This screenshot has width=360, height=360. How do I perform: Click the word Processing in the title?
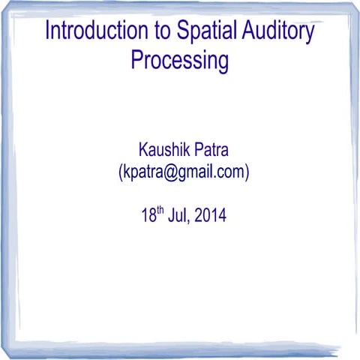pos(180,60)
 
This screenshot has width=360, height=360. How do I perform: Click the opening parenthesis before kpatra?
pos(120,172)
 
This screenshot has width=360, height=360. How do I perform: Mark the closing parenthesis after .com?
pos(246,172)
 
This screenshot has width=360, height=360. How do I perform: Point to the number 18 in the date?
pos(148,216)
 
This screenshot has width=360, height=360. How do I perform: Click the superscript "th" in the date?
pos(160,211)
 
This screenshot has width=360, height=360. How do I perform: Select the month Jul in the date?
pos(178,216)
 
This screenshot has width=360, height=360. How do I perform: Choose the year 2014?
pos(211,216)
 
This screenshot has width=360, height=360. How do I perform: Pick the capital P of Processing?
pos(136,60)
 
